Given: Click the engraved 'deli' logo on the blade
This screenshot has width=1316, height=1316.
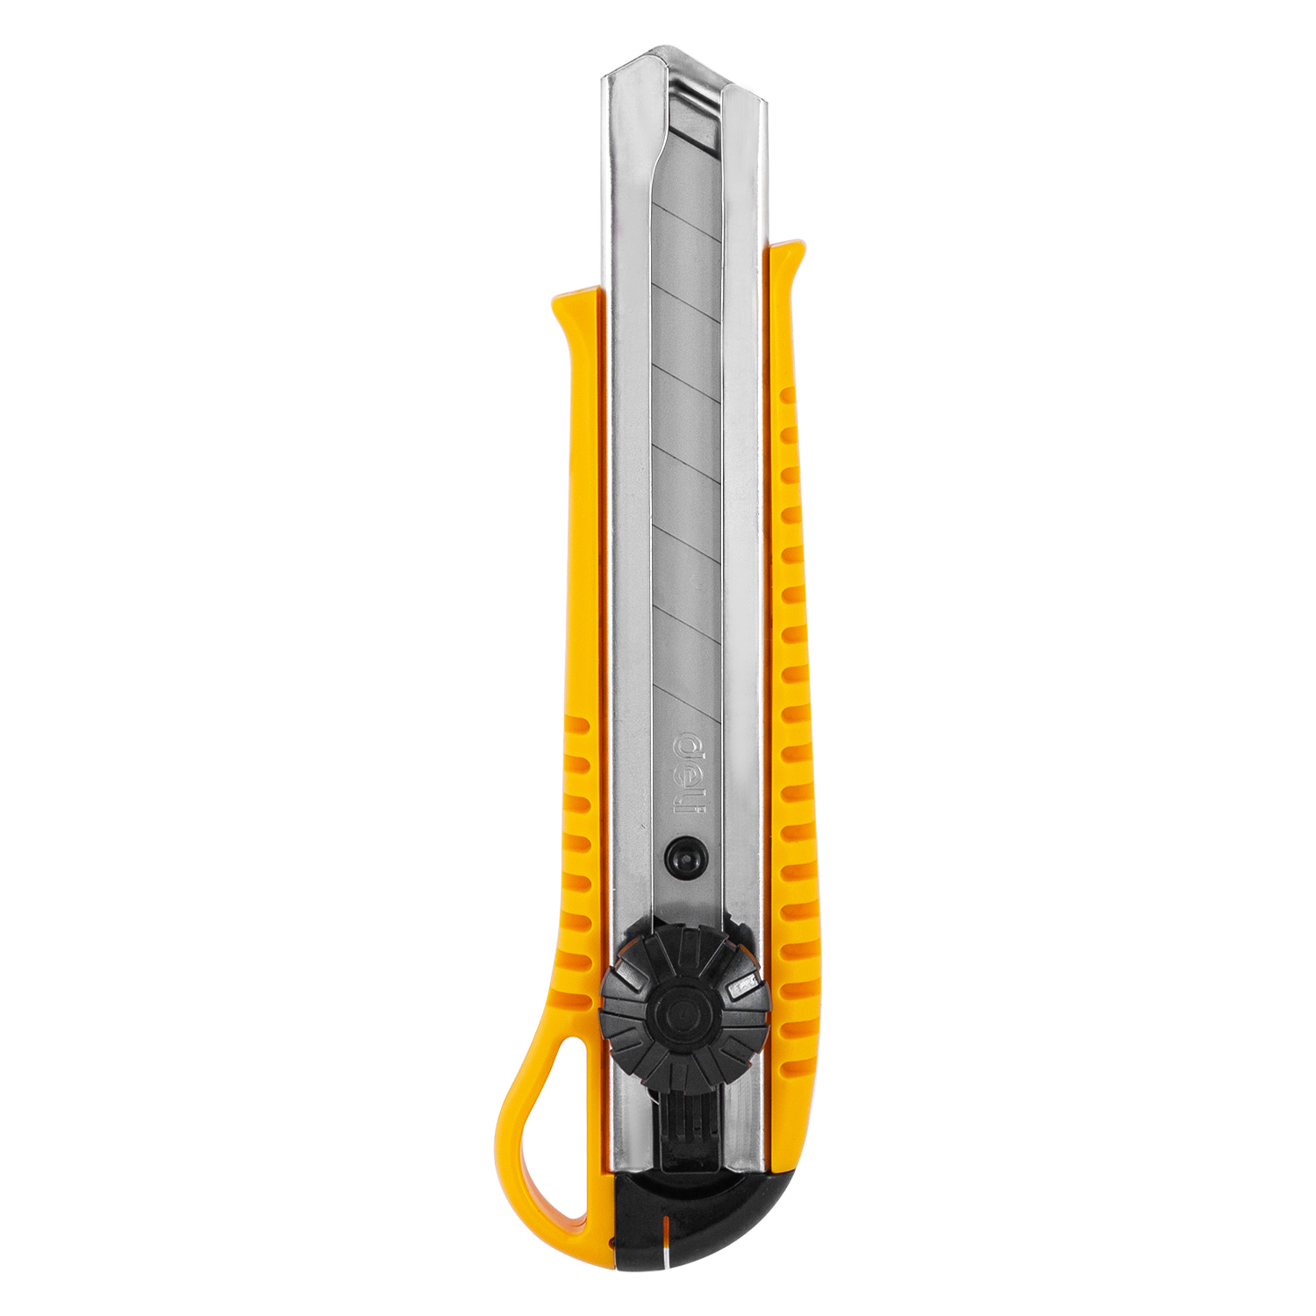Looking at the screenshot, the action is click(689, 774).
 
